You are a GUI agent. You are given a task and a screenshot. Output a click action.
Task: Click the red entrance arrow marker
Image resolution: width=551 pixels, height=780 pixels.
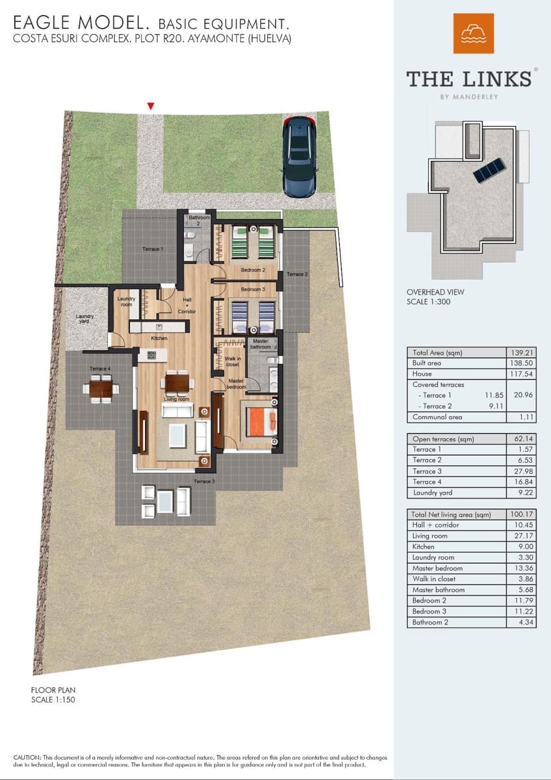tap(151, 106)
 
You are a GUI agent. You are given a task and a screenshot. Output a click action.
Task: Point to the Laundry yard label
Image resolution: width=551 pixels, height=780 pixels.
tap(84, 318)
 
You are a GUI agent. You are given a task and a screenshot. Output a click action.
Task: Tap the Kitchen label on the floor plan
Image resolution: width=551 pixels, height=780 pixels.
tap(159, 339)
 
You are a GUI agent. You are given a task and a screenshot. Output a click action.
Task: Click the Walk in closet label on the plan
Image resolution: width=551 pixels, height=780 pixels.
tap(232, 361)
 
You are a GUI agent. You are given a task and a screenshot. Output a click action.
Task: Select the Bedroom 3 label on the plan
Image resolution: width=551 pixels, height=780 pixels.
tap(253, 289)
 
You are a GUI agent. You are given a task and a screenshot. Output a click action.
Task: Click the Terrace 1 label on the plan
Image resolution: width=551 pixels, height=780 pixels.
tap(153, 249)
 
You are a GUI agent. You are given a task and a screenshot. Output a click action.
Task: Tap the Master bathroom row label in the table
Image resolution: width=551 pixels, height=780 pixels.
tap(439, 590)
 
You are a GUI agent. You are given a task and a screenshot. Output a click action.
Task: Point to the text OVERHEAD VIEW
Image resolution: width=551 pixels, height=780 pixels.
tap(435, 292)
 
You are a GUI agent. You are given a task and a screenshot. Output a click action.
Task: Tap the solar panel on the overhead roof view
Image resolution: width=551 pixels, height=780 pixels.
tap(491, 170)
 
